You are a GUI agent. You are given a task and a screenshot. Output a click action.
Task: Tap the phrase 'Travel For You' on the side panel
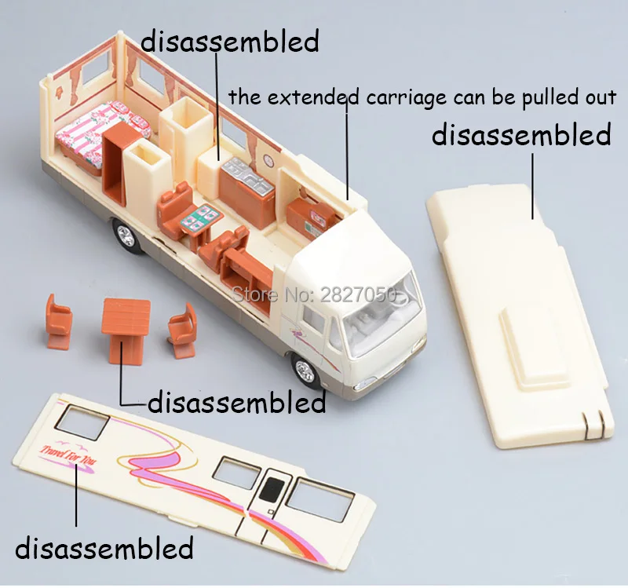tap(64, 456)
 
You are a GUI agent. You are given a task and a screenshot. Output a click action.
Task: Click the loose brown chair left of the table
tap(58, 321)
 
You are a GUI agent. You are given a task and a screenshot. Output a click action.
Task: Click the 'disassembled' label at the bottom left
tap(104, 547)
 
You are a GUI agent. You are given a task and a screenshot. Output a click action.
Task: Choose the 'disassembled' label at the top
tap(230, 41)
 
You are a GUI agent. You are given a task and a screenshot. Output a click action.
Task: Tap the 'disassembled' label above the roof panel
tap(521, 134)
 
